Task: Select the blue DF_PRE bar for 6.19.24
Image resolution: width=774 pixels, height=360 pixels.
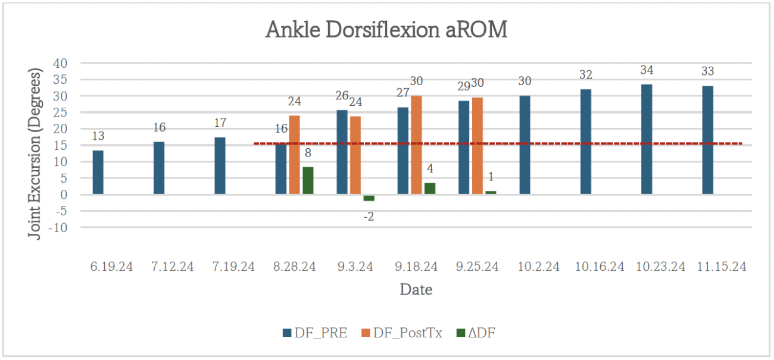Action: (98, 172)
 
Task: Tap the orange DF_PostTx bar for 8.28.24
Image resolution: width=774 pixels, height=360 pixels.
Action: (294, 155)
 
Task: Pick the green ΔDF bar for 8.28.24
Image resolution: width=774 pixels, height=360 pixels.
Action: (308, 180)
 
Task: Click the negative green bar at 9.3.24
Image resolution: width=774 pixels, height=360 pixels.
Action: (369, 198)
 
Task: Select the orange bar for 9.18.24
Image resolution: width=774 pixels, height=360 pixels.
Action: (416, 145)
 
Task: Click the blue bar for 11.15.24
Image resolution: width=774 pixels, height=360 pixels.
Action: (707, 140)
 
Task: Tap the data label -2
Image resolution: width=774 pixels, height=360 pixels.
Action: (369, 217)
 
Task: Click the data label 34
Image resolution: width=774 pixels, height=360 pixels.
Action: (647, 70)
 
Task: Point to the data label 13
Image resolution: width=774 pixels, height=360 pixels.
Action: (98, 137)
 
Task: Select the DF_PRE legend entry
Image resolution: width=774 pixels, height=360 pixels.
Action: (316, 333)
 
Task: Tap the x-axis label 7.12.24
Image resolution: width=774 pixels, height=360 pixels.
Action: (173, 267)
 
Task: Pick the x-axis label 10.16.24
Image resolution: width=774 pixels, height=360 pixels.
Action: (600, 267)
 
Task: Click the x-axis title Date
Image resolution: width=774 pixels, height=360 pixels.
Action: (416, 290)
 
